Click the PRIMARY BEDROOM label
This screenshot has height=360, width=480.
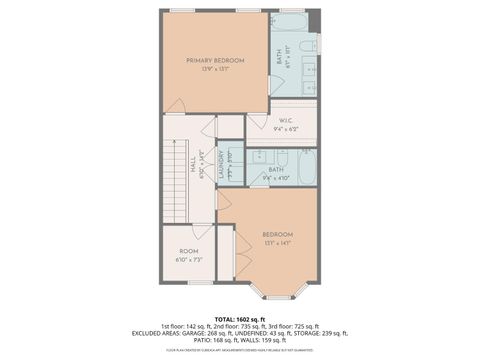tap(215, 61)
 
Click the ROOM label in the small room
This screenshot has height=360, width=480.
tap(189, 251)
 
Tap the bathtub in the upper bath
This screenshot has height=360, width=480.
tap(291, 21)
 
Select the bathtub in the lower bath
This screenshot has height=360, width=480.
tap(307, 166)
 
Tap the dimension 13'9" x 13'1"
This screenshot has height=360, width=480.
tap(215, 70)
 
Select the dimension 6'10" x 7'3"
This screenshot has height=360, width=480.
tap(189, 260)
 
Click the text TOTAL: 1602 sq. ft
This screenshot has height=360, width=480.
tap(240, 317)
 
